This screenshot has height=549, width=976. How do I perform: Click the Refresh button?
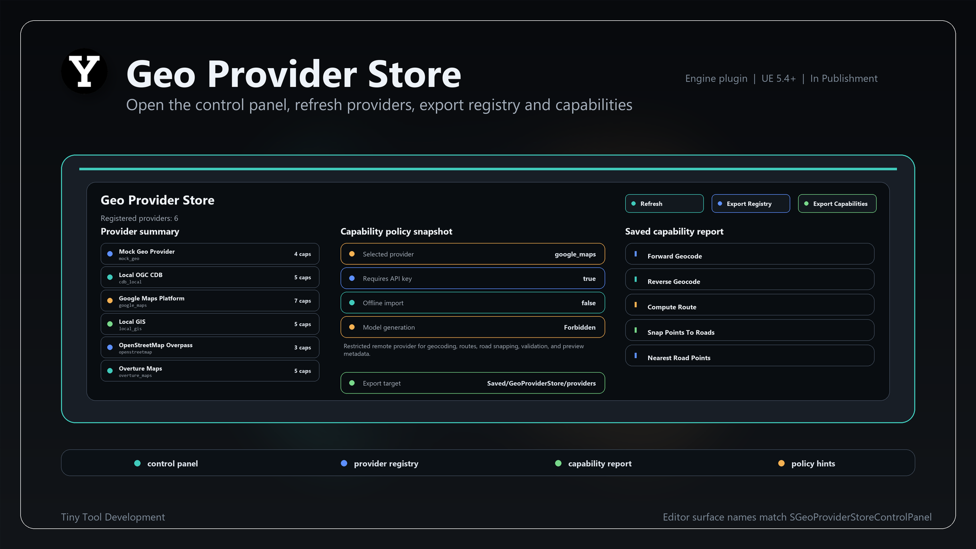point(664,203)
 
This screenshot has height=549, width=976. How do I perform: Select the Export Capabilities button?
point(837,203)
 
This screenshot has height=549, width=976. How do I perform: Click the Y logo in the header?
point(84,71)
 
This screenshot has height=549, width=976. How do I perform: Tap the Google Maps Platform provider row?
point(210,301)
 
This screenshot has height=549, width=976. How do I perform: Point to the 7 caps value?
point(302,301)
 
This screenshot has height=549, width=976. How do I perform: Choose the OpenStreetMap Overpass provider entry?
point(210,348)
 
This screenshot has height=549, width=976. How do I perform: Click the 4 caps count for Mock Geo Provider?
point(302,254)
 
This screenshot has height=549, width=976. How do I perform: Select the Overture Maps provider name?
point(140,369)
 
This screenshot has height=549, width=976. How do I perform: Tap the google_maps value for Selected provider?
point(575,254)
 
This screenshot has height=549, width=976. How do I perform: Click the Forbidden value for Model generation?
point(579,327)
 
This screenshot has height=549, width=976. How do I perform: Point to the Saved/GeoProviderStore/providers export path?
point(541,383)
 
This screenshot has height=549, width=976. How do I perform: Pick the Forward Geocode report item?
point(750,254)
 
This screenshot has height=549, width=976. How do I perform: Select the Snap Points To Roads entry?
point(750,330)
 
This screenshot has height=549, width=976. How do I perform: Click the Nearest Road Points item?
point(750,356)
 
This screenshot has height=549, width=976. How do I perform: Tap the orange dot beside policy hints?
point(781,463)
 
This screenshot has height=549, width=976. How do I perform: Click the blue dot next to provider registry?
point(344,463)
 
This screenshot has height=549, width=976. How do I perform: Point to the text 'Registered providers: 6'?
point(139,218)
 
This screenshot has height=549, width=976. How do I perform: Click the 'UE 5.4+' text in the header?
point(778,78)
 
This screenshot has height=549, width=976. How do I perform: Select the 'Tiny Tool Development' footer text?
point(113,517)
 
